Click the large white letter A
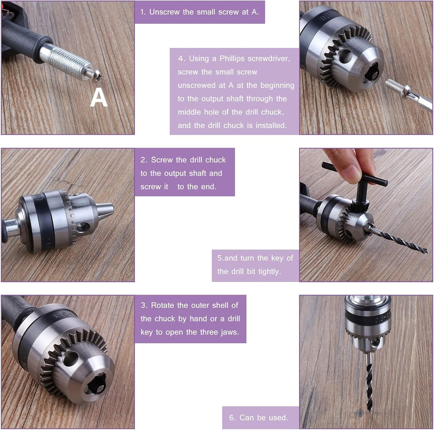coord(98,97)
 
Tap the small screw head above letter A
coord(96,75)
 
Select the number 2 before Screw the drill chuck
coord(143,160)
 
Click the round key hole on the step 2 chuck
coord(83,227)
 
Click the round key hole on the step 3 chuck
coord(70,358)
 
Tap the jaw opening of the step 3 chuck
coord(96,383)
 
